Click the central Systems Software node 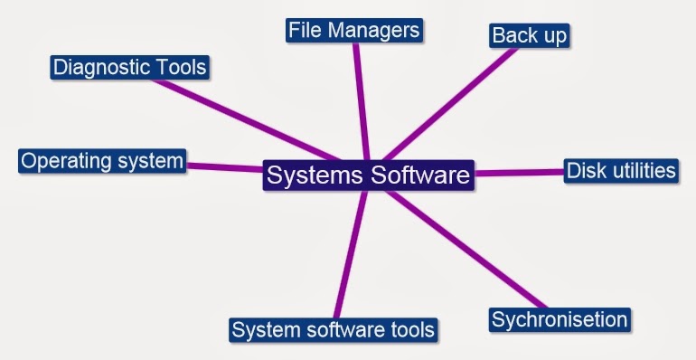click(x=368, y=175)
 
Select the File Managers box click(x=354, y=31)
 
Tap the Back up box click(x=530, y=35)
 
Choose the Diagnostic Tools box click(x=130, y=67)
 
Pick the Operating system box click(x=102, y=161)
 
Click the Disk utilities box click(x=620, y=170)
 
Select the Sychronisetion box click(x=559, y=319)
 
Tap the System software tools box click(x=333, y=329)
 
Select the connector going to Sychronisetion click(x=470, y=250)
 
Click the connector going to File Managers click(x=360, y=99)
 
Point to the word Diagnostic click(x=99, y=67)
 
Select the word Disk click(x=583, y=170)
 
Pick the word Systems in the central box click(x=311, y=175)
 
